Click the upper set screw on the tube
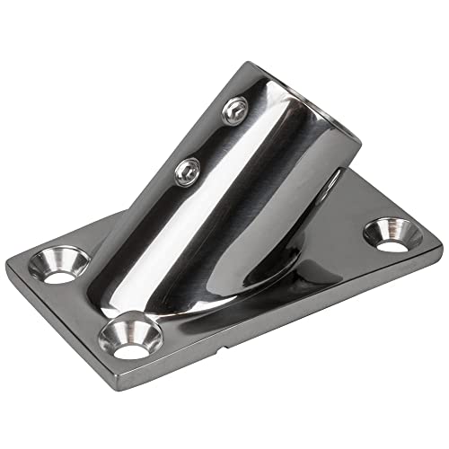pyautogui.click(x=235, y=111)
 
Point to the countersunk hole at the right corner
pyautogui.click(x=393, y=234)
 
